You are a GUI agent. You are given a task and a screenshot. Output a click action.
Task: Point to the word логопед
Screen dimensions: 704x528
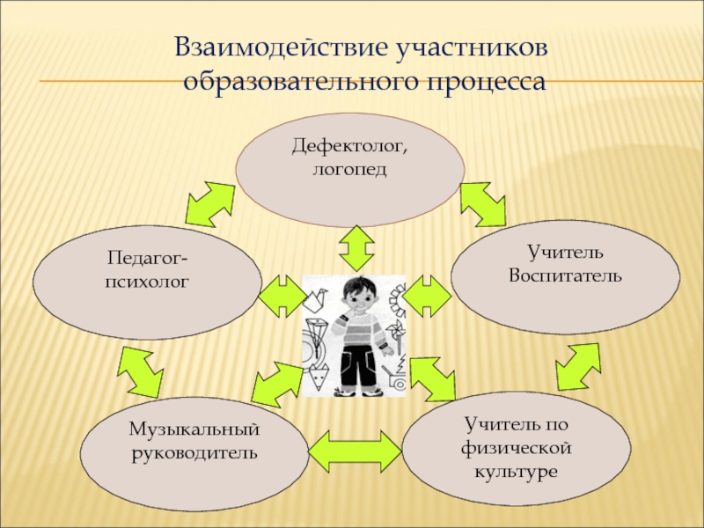[349, 167]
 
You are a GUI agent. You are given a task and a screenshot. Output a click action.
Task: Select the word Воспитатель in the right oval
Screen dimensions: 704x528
[565, 275]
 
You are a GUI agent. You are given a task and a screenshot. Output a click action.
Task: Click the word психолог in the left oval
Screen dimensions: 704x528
[147, 282]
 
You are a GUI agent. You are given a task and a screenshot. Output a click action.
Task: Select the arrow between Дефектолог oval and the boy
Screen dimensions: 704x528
[357, 247]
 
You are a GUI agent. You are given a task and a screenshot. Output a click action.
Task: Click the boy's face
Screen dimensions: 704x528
[358, 297]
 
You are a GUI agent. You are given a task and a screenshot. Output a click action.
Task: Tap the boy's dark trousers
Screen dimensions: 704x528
[357, 369]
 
